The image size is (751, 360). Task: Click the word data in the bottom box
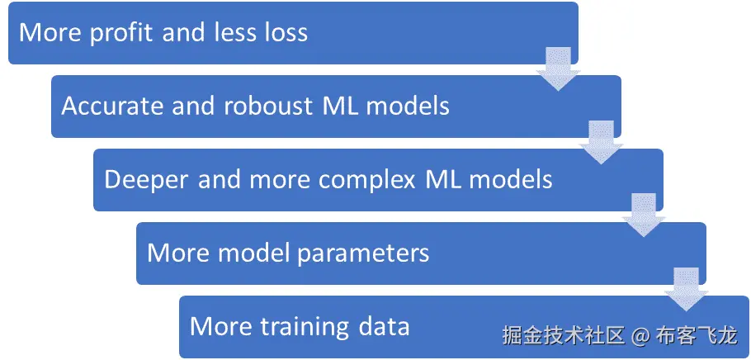point(384,325)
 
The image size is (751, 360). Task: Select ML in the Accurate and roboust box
point(349,107)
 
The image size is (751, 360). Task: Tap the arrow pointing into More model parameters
point(643,214)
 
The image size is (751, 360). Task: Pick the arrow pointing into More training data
point(685,287)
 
